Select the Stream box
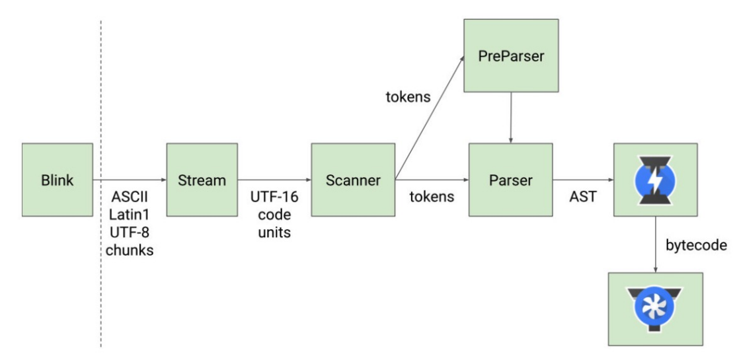(x=201, y=178)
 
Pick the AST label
(x=581, y=197)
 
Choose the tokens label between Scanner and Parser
(x=432, y=197)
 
